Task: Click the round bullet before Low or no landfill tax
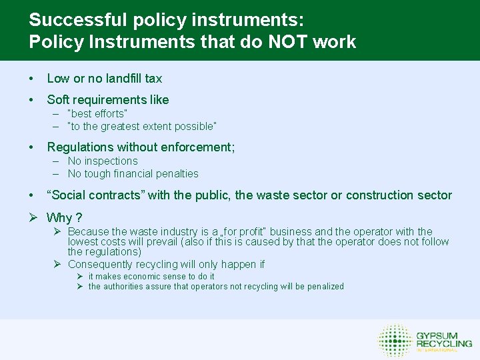[31, 79]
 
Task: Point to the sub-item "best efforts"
[97, 113]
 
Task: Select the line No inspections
[102, 161]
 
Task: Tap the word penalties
[177, 173]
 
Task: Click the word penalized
[323, 286]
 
